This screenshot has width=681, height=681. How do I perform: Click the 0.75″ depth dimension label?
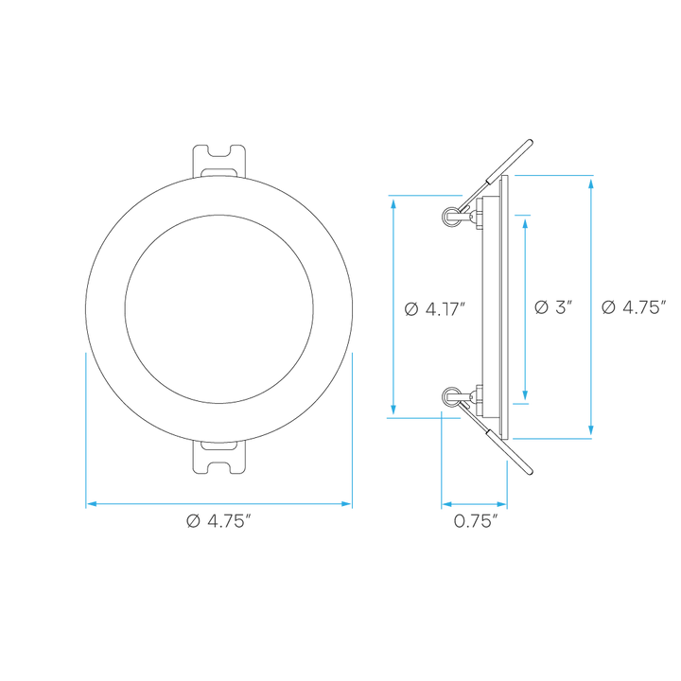click(475, 521)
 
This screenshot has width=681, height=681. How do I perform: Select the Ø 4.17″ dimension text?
click(435, 309)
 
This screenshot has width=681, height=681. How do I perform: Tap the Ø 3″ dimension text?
click(553, 307)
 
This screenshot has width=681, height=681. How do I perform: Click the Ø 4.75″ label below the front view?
click(218, 521)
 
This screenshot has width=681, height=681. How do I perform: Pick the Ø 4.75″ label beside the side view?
click(634, 307)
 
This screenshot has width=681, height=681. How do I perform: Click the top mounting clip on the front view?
click(218, 161)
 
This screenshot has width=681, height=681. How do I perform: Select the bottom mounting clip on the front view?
click(218, 458)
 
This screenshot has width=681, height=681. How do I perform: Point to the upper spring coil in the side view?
click(450, 216)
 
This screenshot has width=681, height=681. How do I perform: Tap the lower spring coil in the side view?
click(450, 396)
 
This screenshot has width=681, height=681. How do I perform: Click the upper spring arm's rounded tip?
click(530, 142)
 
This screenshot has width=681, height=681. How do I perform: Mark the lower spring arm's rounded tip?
click(530, 472)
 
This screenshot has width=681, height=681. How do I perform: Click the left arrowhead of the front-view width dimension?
click(91, 504)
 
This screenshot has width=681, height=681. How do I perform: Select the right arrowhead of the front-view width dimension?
click(346, 504)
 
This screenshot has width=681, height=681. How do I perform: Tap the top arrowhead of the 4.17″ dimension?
click(393, 203)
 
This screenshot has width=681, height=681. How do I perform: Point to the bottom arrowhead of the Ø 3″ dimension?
click(525, 394)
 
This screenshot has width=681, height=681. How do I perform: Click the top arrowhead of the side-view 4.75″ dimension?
click(590, 183)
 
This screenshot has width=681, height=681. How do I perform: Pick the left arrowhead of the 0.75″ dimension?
click(446, 504)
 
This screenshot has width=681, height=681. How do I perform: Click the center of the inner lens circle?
click(218, 308)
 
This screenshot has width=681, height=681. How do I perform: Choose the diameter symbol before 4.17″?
click(410, 309)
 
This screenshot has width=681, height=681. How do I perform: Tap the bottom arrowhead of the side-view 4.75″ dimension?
click(590, 430)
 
